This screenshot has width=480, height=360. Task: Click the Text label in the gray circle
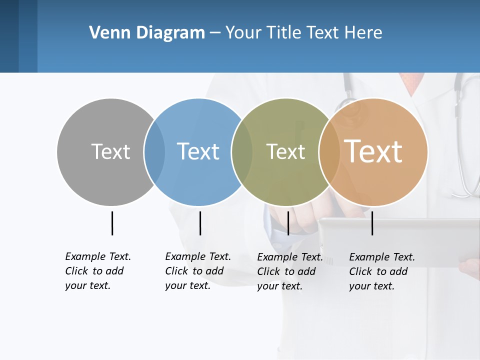click(x=110, y=151)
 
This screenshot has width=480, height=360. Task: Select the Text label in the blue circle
click(x=198, y=151)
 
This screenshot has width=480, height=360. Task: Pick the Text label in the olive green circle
click(x=285, y=151)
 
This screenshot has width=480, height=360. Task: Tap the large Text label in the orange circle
click(x=373, y=151)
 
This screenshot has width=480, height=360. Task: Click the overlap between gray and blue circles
click(x=154, y=151)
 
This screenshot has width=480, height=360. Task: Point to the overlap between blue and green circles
click(x=242, y=151)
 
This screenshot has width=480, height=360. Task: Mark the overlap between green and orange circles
click(x=329, y=151)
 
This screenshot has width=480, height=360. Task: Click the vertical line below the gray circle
click(x=112, y=223)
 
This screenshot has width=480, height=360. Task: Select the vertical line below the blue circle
click(x=200, y=223)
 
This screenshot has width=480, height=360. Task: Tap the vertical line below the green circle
click(x=288, y=223)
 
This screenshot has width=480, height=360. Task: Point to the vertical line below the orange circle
click(x=372, y=223)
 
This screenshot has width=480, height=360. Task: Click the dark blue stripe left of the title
click(x=18, y=36)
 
